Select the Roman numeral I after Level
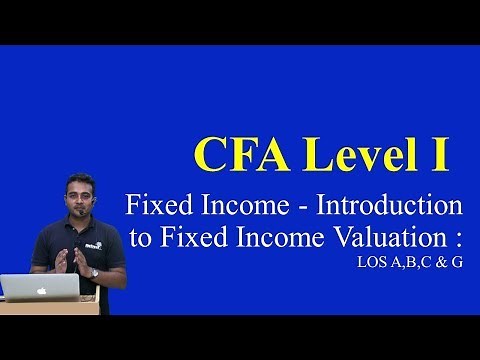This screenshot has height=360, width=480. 439,154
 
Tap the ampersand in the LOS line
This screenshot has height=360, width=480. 436,265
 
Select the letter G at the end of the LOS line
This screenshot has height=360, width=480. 455,265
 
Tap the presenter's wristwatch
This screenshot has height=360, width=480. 95,271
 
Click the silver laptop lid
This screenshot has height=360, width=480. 46,287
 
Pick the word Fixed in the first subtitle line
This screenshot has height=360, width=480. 152,208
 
